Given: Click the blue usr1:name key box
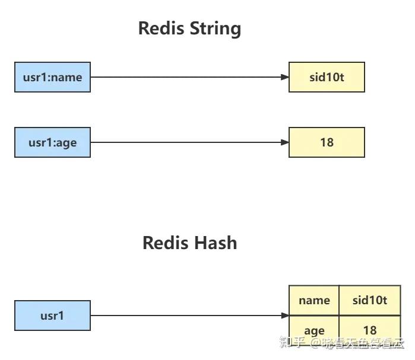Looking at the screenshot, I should [x=52, y=77].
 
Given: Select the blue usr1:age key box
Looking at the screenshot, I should [x=52, y=142].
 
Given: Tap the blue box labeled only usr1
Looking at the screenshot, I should [x=52, y=316].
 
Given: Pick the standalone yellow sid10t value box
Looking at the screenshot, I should [x=327, y=77].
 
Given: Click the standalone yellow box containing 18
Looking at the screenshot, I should [x=327, y=142].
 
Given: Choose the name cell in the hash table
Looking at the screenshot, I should [x=314, y=300].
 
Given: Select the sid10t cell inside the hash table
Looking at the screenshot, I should [x=369, y=300].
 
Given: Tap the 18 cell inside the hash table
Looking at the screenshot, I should [x=369, y=330].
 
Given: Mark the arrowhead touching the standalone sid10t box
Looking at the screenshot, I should [x=284, y=77].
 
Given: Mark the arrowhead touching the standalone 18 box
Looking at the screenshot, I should [x=284, y=142].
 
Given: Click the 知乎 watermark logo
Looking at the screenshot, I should [x=292, y=343].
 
